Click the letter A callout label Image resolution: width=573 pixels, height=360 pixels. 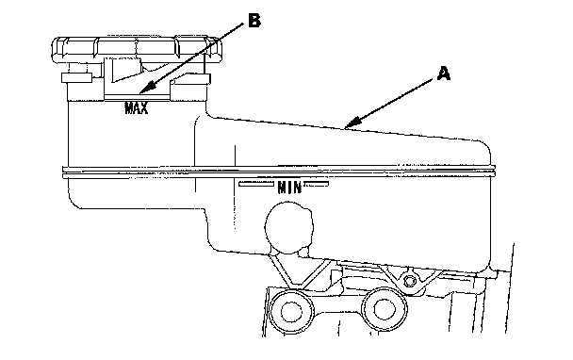[x=444, y=74]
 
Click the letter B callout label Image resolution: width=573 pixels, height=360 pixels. [x=254, y=21]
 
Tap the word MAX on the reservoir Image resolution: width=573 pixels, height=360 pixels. [x=137, y=108]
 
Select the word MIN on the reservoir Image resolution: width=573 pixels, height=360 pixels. [x=289, y=188]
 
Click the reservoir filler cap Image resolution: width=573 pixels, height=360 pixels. [x=137, y=50]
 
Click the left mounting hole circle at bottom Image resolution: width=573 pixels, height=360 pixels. [x=291, y=311]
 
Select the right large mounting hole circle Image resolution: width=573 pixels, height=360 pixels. [x=385, y=309]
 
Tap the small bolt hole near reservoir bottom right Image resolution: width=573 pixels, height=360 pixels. [x=410, y=281]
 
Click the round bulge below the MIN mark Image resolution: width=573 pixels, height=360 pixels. [x=288, y=228]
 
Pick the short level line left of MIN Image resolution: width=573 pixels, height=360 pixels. [x=256, y=184]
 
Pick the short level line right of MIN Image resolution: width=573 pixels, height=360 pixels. [x=317, y=184]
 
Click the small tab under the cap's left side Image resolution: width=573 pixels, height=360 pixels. [x=76, y=77]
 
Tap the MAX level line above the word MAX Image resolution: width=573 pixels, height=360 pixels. [x=137, y=96]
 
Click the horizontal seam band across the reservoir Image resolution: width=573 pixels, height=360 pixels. [x=279, y=172]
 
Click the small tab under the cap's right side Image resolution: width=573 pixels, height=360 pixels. [x=191, y=79]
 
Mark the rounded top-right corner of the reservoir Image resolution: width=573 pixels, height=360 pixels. [x=485, y=146]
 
